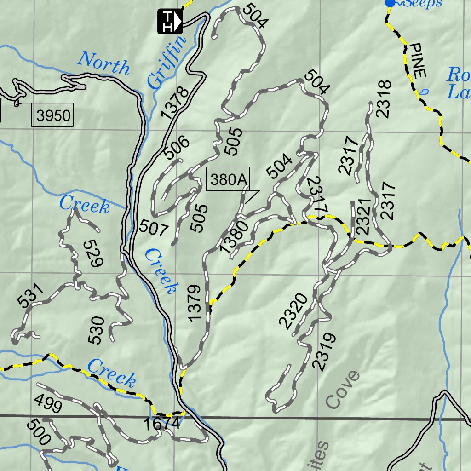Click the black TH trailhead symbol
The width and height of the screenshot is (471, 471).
pyautogui.click(x=170, y=21)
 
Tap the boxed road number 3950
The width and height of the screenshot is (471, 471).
pyautogui.click(x=54, y=116)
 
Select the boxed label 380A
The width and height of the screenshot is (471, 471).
pyautogui.click(x=228, y=180)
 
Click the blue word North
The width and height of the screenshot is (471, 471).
pyautogui.click(x=103, y=64)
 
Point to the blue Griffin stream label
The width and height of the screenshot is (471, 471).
pyautogui.click(x=168, y=62)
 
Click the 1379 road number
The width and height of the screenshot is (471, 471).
pyautogui.click(x=195, y=303)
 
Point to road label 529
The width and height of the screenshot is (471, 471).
pyautogui.click(x=93, y=253)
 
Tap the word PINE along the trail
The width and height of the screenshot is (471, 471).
pyautogui.click(x=419, y=60)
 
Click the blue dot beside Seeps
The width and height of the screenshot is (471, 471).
pyautogui.click(x=390, y=3)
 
